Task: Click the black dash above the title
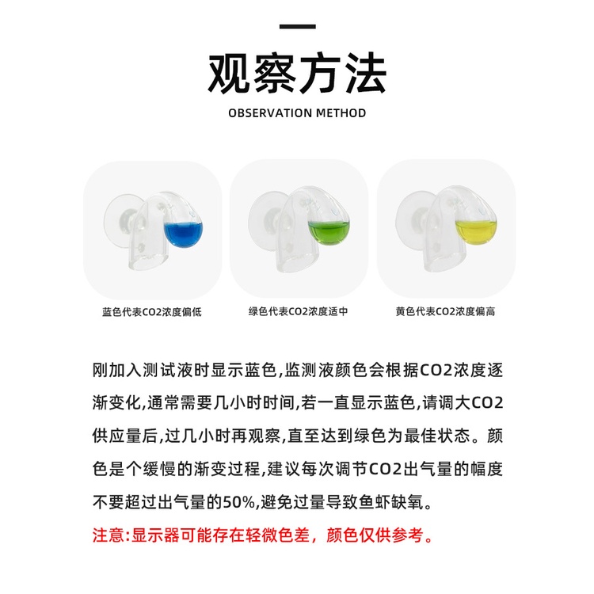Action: pos(297,26)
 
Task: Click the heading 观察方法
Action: pos(297,73)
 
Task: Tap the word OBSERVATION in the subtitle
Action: pos(270,113)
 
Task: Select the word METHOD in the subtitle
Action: pos(341,113)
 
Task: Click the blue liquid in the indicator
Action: pos(184,234)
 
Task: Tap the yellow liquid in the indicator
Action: pos(476,231)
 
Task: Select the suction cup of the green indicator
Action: pos(266,217)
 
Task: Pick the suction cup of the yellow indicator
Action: pos(413,216)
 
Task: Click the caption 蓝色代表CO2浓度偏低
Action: pos(152,312)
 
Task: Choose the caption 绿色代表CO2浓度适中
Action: pos(298,311)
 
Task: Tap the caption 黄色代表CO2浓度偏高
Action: pos(445,311)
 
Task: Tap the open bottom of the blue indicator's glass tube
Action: pos(148,261)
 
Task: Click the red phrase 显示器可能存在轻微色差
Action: pos(220,535)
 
